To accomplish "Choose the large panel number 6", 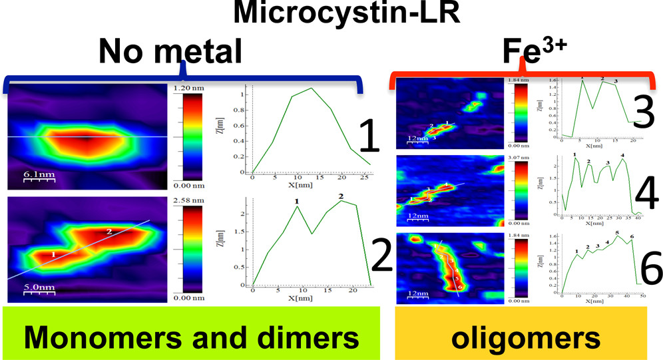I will [646, 270].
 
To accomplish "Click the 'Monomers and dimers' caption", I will [190, 338].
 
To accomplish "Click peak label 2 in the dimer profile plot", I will [341, 196].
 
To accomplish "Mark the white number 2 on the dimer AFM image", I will [109, 232].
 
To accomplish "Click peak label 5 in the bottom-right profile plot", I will [617, 233].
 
